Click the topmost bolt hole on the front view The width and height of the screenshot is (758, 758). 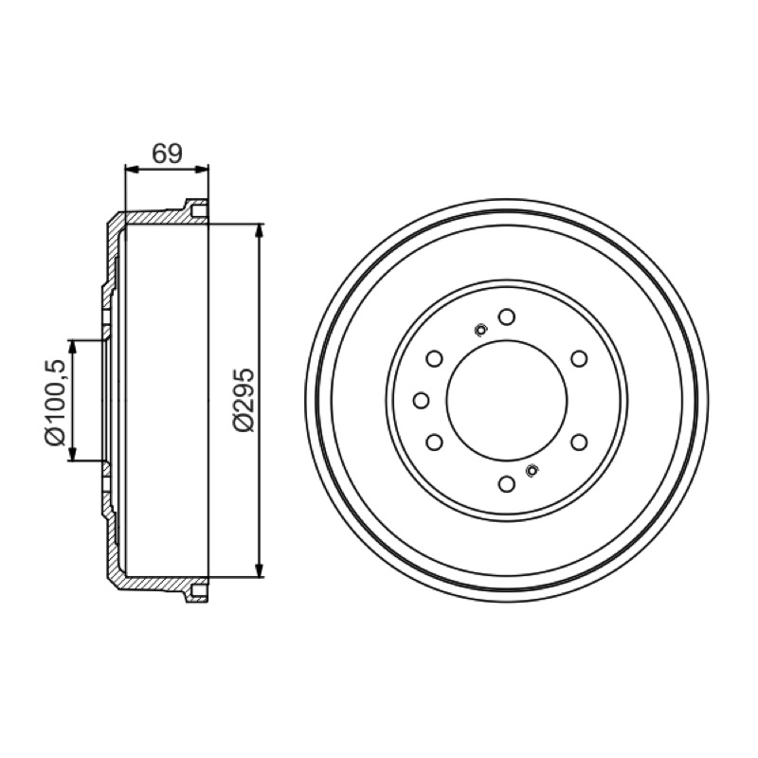pyautogui.click(x=507, y=317)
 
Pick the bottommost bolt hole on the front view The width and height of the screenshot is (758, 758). pyautogui.click(x=507, y=484)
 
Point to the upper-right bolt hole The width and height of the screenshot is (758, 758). pyautogui.click(x=579, y=359)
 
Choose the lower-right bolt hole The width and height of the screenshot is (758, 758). pyautogui.click(x=579, y=442)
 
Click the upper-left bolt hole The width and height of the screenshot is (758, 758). pyautogui.click(x=435, y=359)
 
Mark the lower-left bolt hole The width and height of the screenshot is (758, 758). pyautogui.click(x=435, y=442)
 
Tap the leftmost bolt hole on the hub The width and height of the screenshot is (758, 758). pyautogui.click(x=422, y=400)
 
